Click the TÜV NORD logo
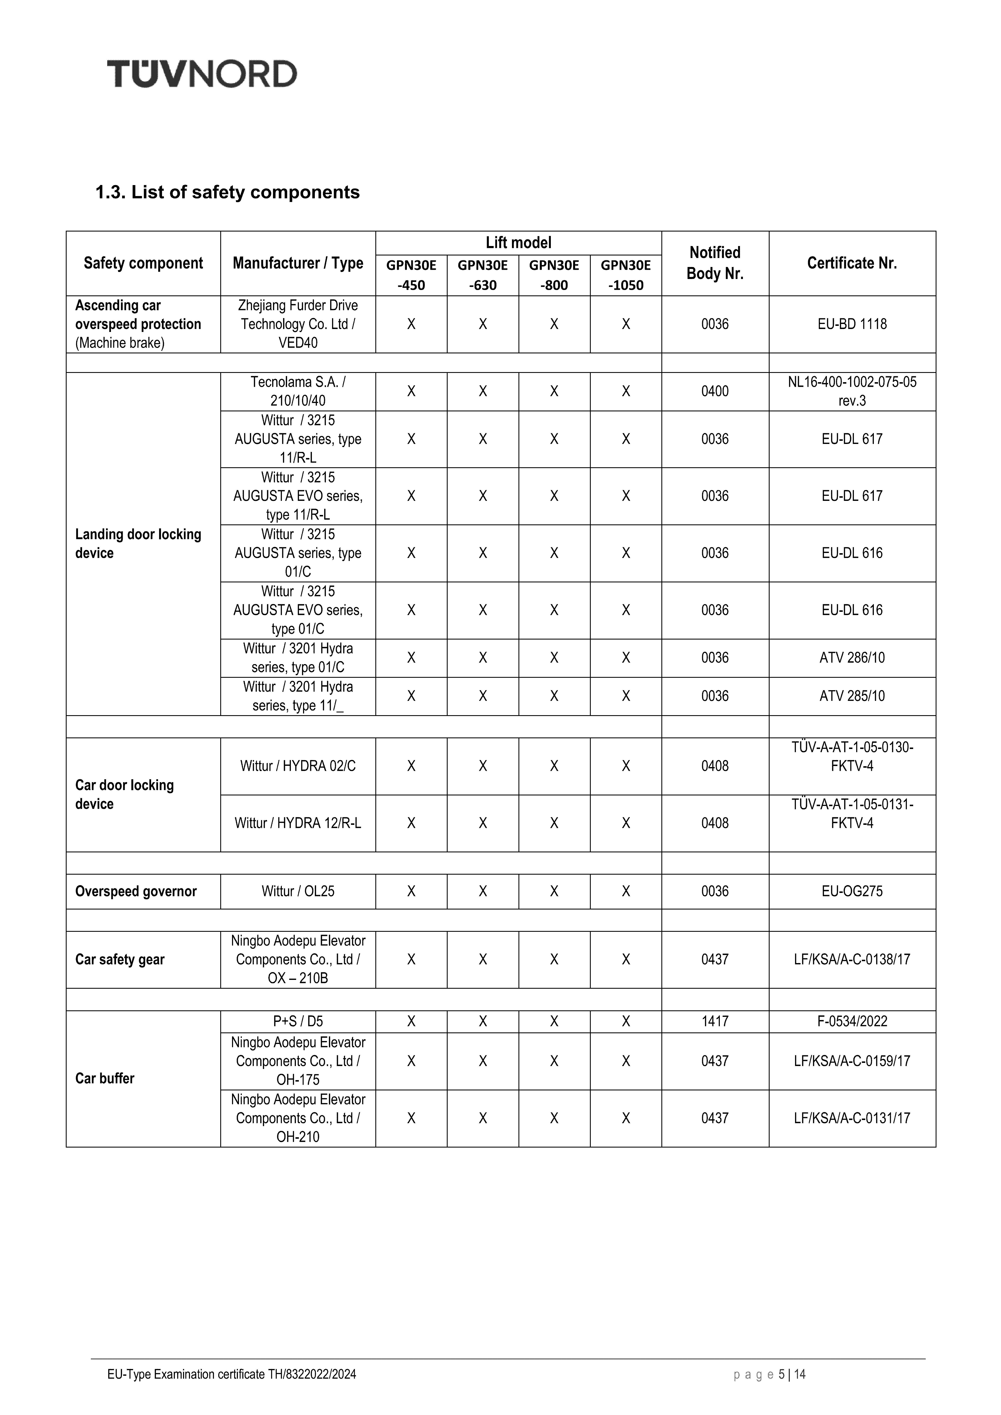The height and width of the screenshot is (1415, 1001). (x=202, y=74)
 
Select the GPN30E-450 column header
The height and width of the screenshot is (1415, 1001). (x=411, y=275)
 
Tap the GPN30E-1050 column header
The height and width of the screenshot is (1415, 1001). (x=626, y=275)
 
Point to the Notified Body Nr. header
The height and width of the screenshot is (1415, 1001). (x=715, y=263)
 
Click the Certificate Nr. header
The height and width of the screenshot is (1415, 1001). (x=852, y=263)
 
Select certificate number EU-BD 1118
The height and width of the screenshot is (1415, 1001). (x=852, y=324)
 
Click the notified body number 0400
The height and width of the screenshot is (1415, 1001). (x=715, y=391)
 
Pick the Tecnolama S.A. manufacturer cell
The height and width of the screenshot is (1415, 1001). (x=298, y=391)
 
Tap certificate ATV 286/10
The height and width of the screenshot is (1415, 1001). (x=852, y=658)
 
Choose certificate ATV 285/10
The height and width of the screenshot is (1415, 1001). (x=852, y=696)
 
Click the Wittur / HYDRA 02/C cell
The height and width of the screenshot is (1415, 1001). (x=298, y=766)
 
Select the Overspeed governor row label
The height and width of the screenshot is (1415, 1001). (x=136, y=891)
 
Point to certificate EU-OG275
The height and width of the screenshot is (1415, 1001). (x=852, y=891)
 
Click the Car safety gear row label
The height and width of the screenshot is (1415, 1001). (x=120, y=960)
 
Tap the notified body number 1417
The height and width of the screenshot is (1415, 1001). (x=715, y=1021)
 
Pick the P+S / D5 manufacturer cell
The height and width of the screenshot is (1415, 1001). (x=298, y=1021)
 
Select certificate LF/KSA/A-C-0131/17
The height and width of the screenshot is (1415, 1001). (x=852, y=1118)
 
